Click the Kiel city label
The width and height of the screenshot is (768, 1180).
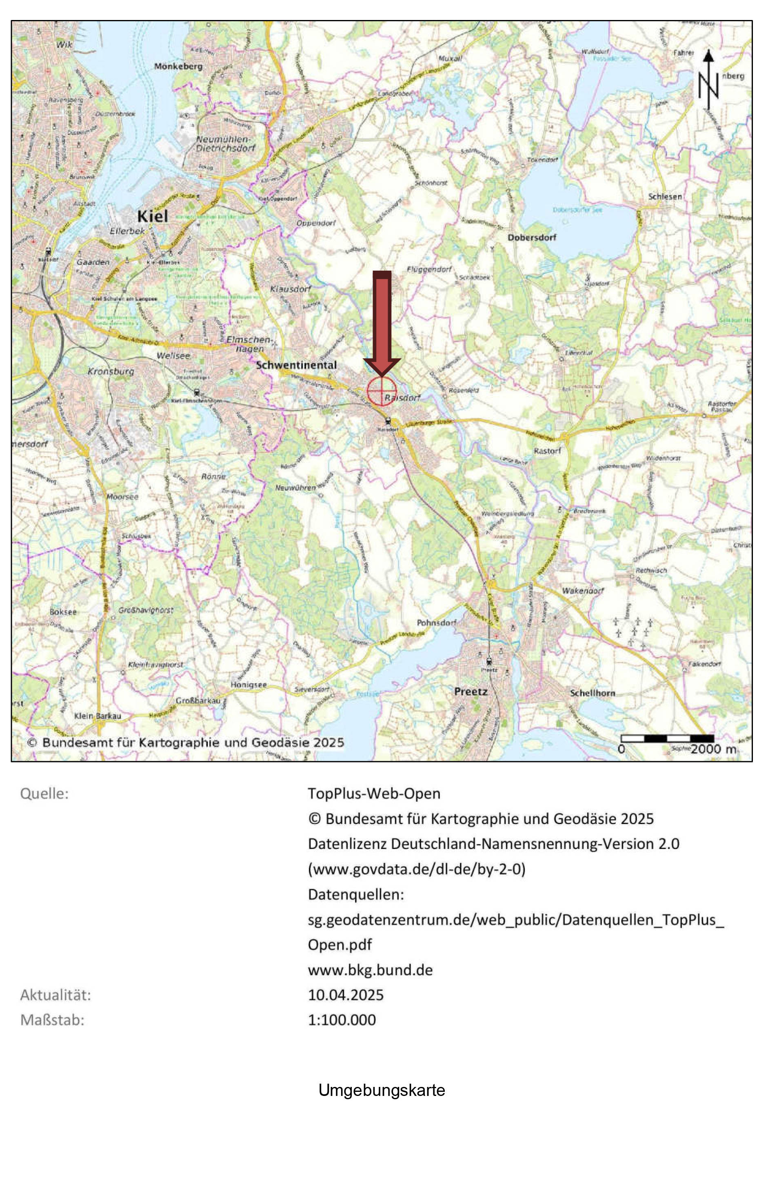[x=152, y=216]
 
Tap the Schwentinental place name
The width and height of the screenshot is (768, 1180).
[x=296, y=365]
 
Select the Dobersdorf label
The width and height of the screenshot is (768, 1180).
[x=531, y=238]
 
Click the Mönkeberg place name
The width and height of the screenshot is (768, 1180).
[x=178, y=67]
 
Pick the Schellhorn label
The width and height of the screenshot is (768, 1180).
[x=593, y=693]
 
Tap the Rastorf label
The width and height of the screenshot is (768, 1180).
[x=547, y=451]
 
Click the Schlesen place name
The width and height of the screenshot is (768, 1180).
[x=665, y=197]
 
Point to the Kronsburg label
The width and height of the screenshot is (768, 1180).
[x=111, y=371]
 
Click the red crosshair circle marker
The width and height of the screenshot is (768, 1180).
[x=382, y=391]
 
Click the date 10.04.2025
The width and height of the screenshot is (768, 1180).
[x=346, y=995]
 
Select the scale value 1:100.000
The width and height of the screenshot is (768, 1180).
[x=342, y=1020]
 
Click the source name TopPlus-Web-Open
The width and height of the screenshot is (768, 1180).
[x=374, y=793]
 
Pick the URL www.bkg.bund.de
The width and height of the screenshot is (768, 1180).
[x=370, y=970]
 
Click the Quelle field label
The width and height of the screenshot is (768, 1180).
[x=44, y=794]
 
